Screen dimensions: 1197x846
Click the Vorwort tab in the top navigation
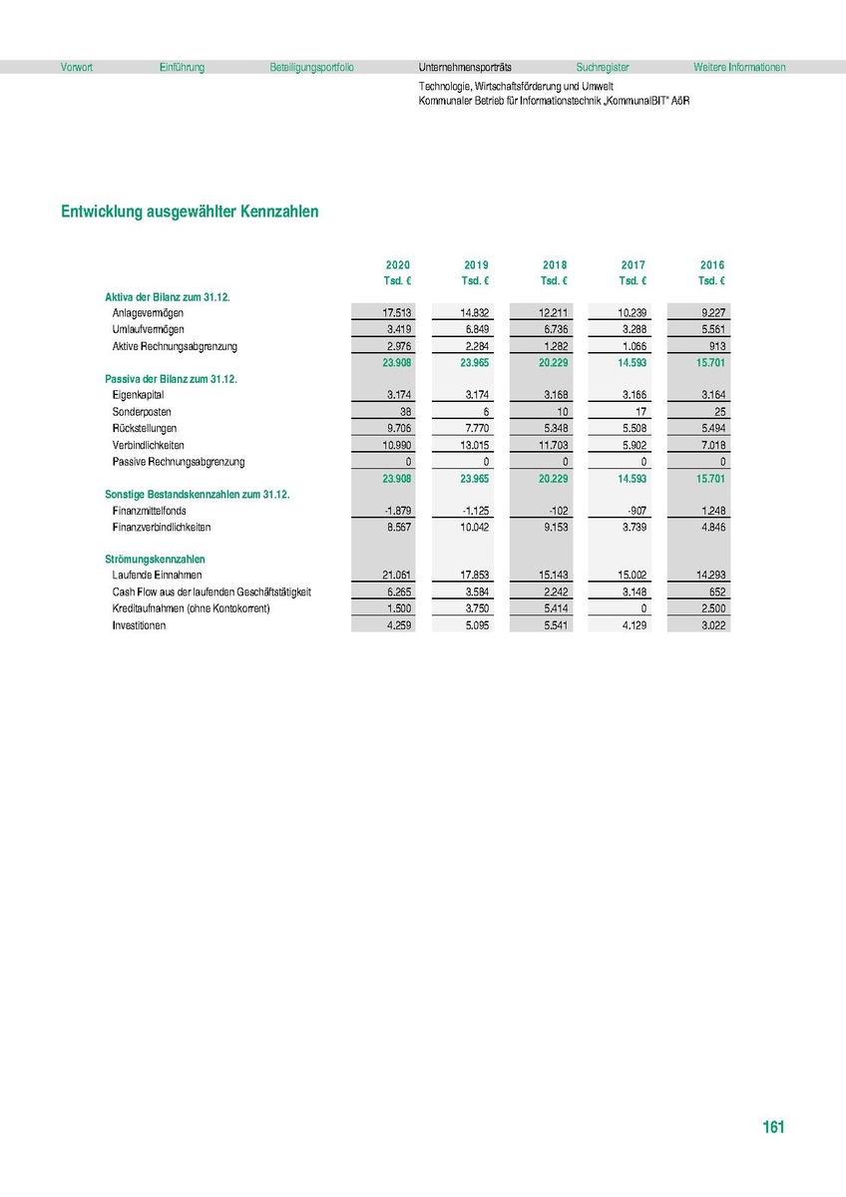(x=77, y=68)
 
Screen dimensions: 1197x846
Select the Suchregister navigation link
(x=603, y=68)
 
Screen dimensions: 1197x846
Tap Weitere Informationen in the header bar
(x=739, y=68)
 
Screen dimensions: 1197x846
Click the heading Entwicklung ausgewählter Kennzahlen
(x=190, y=212)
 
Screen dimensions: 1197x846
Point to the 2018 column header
(x=555, y=265)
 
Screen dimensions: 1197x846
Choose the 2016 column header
(x=712, y=265)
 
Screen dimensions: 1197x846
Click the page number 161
(x=773, y=1127)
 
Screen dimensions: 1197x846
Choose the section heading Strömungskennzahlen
(x=155, y=560)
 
